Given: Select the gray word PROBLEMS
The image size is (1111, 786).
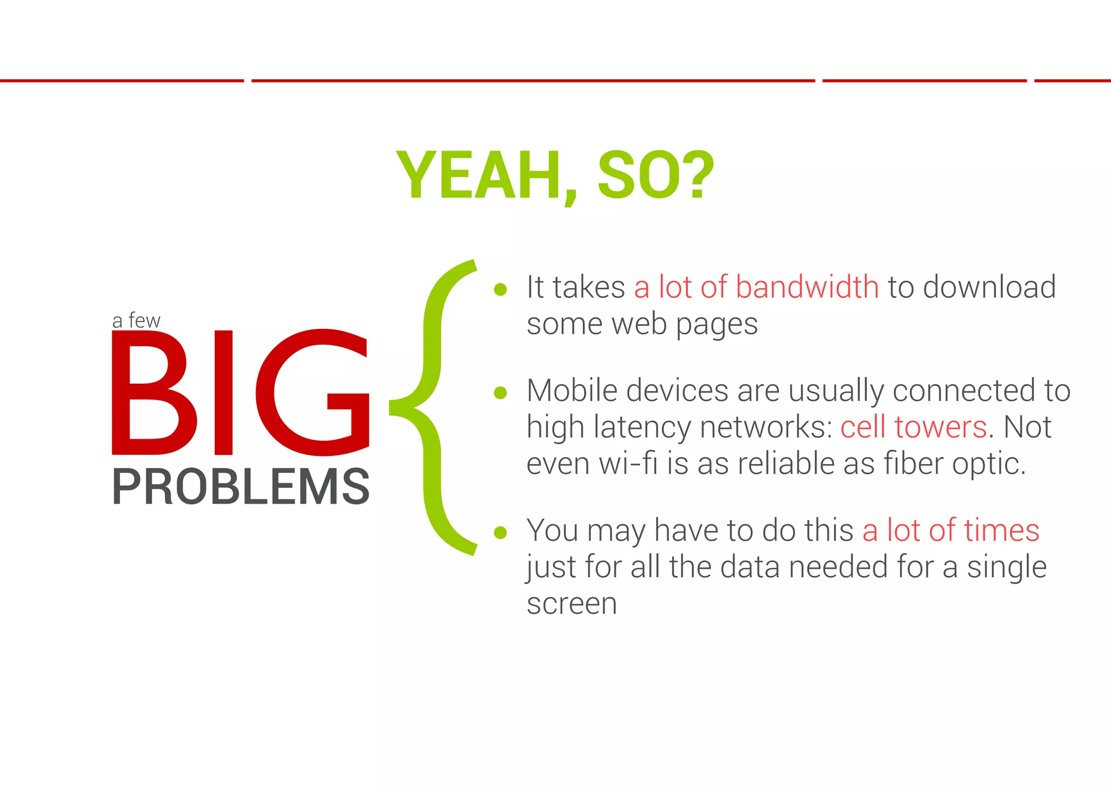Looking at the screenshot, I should pyautogui.click(x=241, y=487).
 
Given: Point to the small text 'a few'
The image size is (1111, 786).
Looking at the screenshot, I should pyautogui.click(x=136, y=321).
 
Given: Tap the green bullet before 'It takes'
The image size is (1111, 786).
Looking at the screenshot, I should pyautogui.click(x=500, y=289).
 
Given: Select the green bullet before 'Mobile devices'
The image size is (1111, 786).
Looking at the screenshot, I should pyautogui.click(x=500, y=392).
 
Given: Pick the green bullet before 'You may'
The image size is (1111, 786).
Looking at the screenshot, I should pyautogui.click(x=500, y=533).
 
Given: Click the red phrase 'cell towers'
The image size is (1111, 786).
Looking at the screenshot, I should pyautogui.click(x=914, y=427).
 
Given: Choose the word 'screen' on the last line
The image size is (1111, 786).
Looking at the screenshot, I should pyautogui.click(x=572, y=604).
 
